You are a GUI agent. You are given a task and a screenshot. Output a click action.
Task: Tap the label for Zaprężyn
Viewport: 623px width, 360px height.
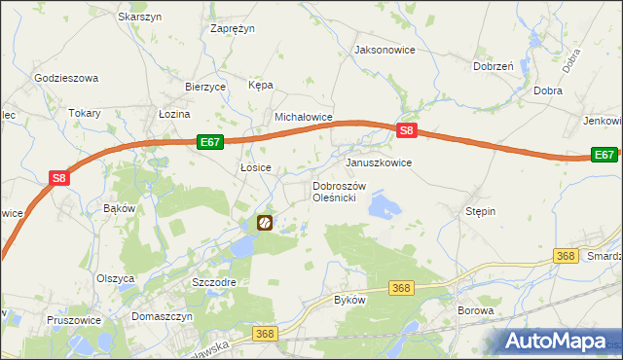233,28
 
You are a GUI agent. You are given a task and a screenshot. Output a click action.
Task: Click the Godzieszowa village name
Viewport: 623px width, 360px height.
66,78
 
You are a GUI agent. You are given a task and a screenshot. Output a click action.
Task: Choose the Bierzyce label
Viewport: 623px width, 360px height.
205,86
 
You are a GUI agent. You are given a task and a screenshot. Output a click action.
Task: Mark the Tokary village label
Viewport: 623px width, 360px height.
85,113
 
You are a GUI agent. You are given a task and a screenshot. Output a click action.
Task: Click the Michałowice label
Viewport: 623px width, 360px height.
304,117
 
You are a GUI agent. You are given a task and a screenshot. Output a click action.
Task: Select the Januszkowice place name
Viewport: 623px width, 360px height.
379,162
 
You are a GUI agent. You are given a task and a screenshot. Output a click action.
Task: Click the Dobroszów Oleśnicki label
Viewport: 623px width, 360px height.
338,192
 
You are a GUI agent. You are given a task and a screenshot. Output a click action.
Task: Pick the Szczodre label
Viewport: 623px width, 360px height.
214,281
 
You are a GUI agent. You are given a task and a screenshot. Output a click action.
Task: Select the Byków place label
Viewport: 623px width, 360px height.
349,300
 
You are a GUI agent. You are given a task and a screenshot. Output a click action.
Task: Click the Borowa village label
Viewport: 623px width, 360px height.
476,311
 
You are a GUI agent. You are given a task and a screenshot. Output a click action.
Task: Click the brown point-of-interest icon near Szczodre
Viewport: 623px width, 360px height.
265,224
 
